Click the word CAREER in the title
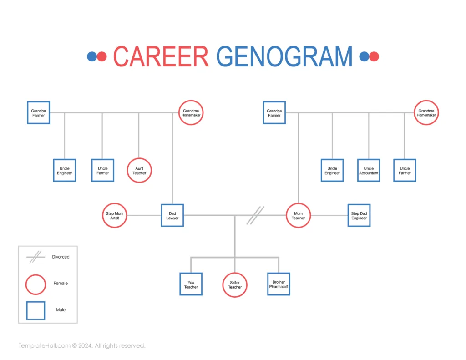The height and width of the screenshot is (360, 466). pos(161,56)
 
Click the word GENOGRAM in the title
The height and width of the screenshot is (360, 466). pos(284,56)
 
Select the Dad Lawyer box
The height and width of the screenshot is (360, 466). pos(172,215)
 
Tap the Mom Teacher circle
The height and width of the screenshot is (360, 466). pos(298,215)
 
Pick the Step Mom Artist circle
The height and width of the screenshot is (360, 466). pos(114,215)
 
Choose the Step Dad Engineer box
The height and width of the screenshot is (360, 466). pos(359,215)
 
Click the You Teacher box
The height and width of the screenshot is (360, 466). pos(191,284)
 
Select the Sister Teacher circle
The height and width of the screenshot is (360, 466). pos(235,284)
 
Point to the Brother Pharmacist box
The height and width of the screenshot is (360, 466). pos(279,284)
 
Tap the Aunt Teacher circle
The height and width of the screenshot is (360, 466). pos(139,171)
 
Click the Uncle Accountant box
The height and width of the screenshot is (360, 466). pos(369,171)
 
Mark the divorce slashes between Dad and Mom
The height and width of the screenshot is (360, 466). pos(255,215)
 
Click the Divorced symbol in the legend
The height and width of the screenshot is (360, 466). pos(35,257)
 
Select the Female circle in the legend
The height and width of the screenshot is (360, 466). pos(35,284)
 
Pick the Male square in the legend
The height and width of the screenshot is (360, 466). pos(35,310)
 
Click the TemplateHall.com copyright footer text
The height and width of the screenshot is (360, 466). pos(82,346)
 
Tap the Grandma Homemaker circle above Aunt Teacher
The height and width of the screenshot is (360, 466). pos(191,113)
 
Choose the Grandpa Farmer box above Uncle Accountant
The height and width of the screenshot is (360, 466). pos(274,113)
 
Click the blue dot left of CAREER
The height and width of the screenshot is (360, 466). pos(92,56)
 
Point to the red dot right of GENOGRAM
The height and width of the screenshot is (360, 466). pos(374,56)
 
